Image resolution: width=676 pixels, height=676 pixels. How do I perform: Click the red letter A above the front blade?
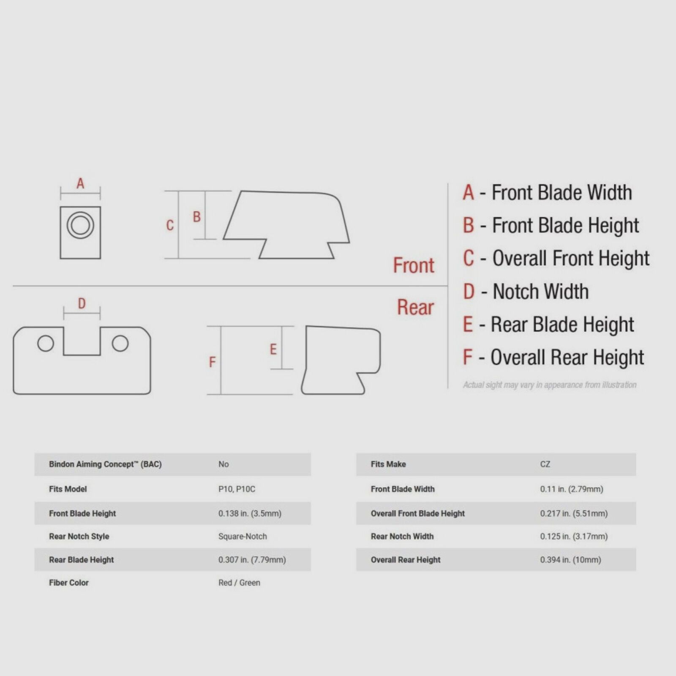click(x=80, y=184)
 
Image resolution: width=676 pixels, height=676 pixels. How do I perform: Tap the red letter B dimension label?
click(x=196, y=217)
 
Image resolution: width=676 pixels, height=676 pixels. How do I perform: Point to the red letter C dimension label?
click(x=170, y=225)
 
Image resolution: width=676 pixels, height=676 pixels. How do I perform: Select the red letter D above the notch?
click(x=82, y=303)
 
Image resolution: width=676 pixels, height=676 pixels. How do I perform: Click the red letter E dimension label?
click(x=273, y=349)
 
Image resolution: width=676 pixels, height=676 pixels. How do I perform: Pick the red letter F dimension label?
click(x=212, y=362)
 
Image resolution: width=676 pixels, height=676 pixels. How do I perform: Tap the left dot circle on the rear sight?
click(x=46, y=343)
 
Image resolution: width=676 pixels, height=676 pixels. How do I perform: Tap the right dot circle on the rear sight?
click(x=120, y=343)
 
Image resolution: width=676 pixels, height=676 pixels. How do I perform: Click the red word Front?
click(x=414, y=265)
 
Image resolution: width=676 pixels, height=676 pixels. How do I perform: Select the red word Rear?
click(x=415, y=307)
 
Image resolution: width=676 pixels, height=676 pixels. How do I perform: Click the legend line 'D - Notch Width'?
click(x=526, y=292)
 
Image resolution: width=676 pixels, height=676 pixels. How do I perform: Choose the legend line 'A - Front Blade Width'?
click(x=548, y=193)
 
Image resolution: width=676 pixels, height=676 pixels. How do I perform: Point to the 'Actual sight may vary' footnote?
click(x=550, y=385)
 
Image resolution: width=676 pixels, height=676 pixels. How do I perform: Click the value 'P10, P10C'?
click(x=237, y=489)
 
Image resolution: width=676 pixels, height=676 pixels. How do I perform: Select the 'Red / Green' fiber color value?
click(x=239, y=583)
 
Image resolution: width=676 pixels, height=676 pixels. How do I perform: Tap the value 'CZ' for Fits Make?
click(x=545, y=464)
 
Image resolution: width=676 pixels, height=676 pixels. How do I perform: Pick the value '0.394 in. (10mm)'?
click(x=570, y=560)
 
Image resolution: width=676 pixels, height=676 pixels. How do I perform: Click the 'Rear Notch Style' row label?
click(x=79, y=537)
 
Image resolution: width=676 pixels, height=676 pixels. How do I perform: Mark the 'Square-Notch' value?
click(x=243, y=537)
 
